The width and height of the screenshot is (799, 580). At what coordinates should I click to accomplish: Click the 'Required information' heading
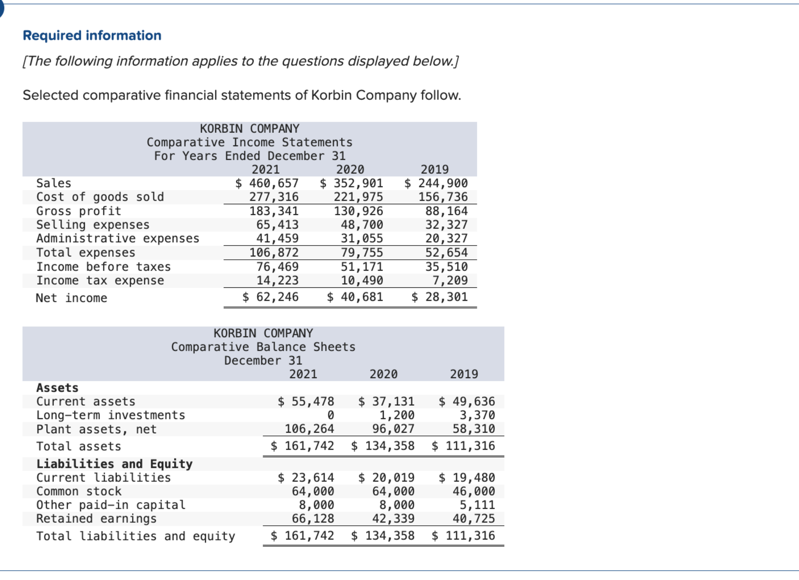pyautogui.click(x=92, y=36)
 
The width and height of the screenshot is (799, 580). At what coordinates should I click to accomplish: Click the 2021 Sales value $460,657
pyautogui.click(x=267, y=183)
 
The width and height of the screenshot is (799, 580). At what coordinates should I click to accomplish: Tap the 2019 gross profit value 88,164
pyautogui.click(x=446, y=211)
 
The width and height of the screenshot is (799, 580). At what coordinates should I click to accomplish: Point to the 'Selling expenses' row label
pyautogui.click(x=93, y=225)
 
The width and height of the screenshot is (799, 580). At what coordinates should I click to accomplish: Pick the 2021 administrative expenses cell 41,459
pyautogui.click(x=277, y=239)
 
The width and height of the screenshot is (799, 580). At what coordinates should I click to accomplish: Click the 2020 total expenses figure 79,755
pyautogui.click(x=362, y=253)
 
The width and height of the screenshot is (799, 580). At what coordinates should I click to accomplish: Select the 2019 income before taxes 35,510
pyautogui.click(x=446, y=267)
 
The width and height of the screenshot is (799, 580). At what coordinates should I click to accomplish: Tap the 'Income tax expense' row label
pyautogui.click(x=100, y=280)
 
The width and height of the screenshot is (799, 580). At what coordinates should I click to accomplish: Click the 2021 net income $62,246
pyautogui.click(x=271, y=297)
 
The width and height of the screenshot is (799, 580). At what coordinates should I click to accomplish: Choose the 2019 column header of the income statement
pyautogui.click(x=435, y=169)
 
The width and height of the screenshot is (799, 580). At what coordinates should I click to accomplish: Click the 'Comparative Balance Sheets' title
pyautogui.click(x=263, y=347)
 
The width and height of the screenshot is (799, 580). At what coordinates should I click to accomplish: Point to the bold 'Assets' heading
pyautogui.click(x=57, y=388)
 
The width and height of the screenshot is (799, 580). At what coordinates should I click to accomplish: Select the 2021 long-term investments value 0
pyautogui.click(x=330, y=415)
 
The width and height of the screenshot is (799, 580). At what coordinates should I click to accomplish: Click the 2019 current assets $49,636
pyautogui.click(x=467, y=402)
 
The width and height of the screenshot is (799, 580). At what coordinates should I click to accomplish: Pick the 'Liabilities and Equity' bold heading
pyautogui.click(x=115, y=464)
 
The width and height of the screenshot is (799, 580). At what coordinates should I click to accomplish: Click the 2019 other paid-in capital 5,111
pyautogui.click(x=477, y=505)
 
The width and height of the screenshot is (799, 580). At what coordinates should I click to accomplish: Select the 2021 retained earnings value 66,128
pyautogui.click(x=313, y=519)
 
